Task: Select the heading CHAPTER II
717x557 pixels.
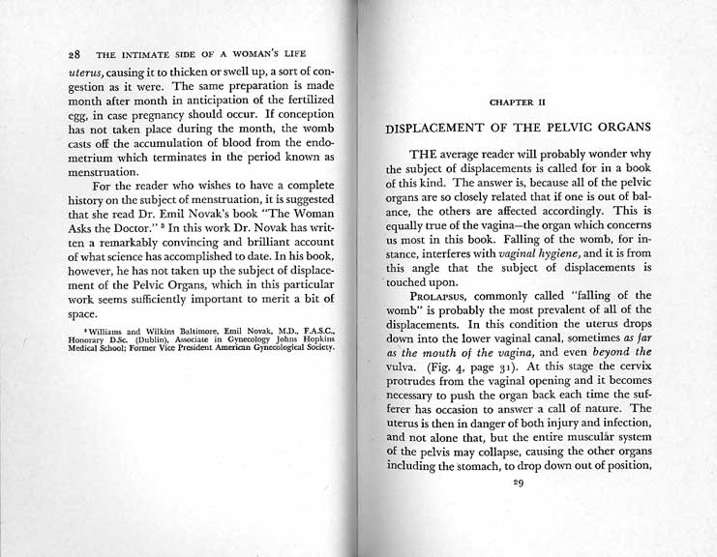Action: click(518, 99)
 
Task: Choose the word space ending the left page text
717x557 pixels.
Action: click(84, 315)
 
